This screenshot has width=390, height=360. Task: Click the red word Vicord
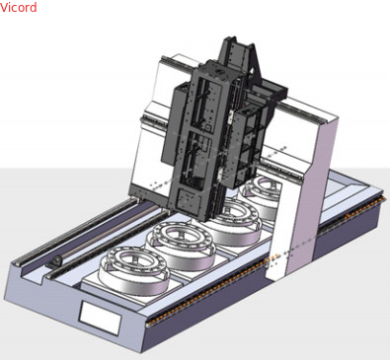coord(19,7)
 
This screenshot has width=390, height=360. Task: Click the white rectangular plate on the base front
coord(100,319)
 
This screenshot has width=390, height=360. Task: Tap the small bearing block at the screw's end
coord(55,262)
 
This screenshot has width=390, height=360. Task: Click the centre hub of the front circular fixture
coord(135,262)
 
